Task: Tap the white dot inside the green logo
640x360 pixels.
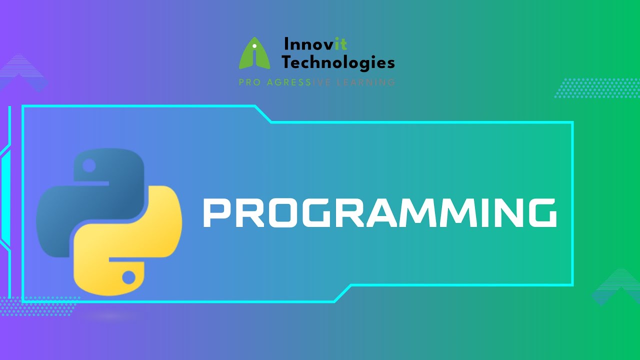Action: tap(254, 46)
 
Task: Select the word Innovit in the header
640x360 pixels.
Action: tap(315, 44)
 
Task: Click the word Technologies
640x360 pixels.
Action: tap(338, 62)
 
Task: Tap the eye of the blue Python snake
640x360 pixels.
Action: tap(89, 165)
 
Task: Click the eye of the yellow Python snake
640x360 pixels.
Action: tap(129, 276)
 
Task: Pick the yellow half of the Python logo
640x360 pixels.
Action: tap(135, 235)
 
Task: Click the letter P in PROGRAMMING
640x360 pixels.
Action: tap(215, 212)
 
